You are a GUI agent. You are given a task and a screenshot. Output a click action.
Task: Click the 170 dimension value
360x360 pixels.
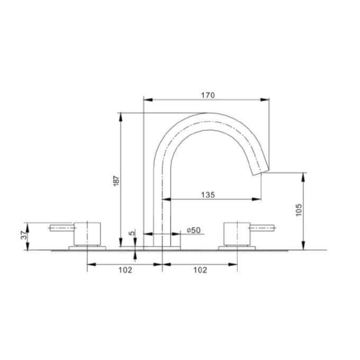(208, 95)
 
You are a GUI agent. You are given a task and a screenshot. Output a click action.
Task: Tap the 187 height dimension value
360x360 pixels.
(116, 179)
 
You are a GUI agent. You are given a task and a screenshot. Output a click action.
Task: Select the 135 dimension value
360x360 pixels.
(208, 195)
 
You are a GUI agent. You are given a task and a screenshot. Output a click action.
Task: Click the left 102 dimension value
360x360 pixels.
(124, 270)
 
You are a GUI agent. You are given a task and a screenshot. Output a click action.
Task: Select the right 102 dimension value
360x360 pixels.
(200, 270)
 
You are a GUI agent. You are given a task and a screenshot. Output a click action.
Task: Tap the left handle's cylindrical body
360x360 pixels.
(87, 233)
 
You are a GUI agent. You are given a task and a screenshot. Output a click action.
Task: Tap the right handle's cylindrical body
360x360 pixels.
(237, 233)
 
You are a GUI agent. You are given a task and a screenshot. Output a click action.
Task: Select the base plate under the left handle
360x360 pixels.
(87, 247)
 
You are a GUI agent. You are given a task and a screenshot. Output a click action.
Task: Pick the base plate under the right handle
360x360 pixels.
(237, 247)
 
